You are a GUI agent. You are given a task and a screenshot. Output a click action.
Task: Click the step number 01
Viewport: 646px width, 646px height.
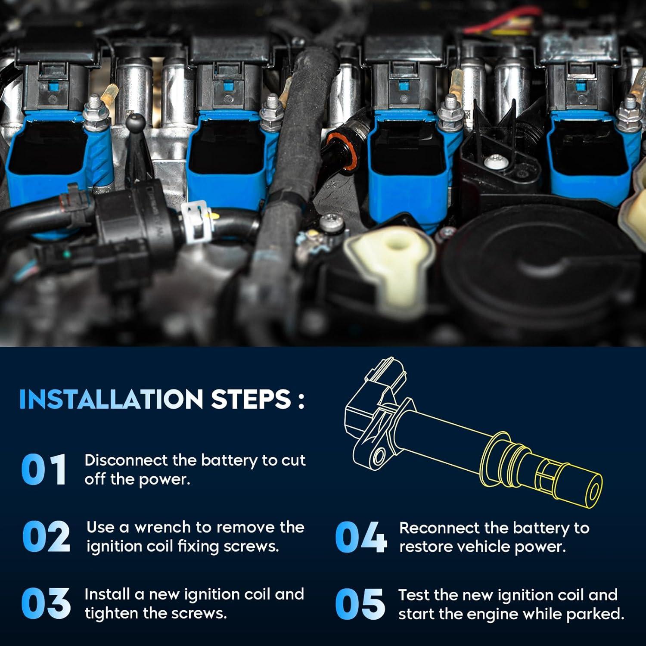point(44,469)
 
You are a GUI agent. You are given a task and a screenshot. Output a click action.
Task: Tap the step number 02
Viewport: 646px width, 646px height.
point(46,536)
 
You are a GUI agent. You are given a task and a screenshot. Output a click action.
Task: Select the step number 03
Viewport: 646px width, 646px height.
point(46,603)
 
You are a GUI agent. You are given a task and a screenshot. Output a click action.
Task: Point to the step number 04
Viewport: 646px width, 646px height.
point(361,537)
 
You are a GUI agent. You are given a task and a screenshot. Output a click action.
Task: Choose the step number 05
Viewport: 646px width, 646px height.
point(360,603)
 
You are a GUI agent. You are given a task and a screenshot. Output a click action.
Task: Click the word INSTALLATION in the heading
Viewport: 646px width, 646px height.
point(111,399)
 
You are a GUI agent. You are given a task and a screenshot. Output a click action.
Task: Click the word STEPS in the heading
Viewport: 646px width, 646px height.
point(251,399)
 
